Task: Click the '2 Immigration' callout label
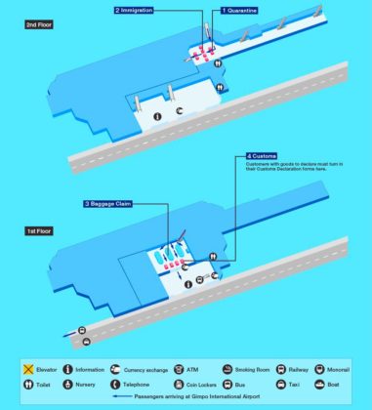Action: (x=141, y=10)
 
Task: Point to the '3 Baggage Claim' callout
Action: (x=107, y=203)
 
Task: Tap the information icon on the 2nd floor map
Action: (x=158, y=116)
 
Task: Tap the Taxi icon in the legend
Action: (x=280, y=385)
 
